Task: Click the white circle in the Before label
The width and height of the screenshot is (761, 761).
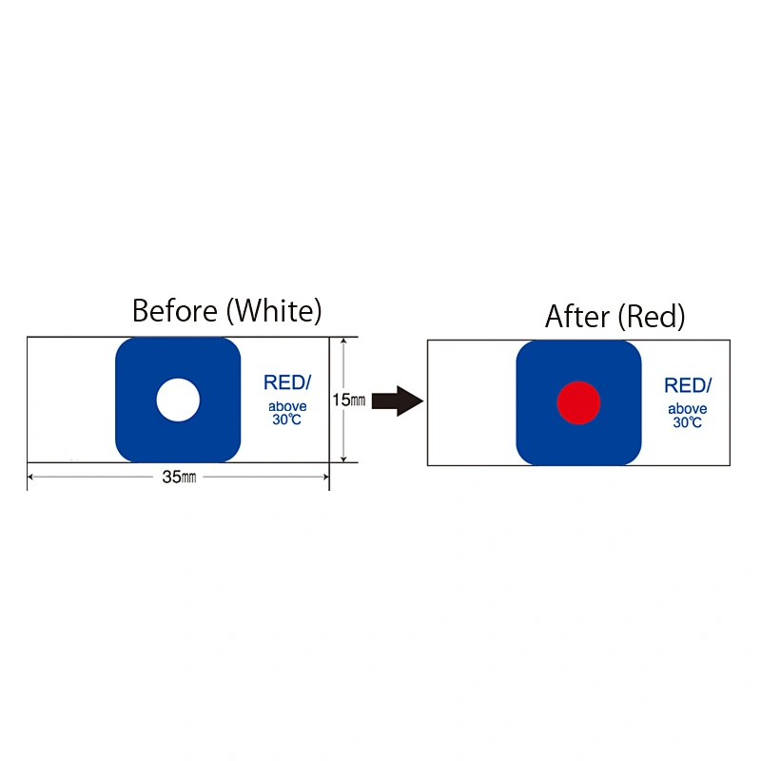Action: pos(178,400)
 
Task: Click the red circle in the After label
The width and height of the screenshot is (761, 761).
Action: pos(578,402)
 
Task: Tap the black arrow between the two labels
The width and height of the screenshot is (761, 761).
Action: pos(398,400)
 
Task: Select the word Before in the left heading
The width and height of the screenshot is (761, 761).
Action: pos(175,311)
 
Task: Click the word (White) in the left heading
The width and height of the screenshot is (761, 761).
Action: pos(274,311)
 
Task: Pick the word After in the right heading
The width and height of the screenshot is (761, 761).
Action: pos(577,317)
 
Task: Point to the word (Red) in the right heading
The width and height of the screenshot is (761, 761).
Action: pos(652,317)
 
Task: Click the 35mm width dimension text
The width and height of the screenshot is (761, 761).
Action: pos(179,478)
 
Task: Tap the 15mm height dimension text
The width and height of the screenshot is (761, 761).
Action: pos(348,400)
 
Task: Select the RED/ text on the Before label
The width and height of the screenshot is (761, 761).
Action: pos(287,382)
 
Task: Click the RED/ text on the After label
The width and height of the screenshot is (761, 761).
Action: pos(688,385)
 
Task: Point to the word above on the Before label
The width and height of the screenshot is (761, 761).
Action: pos(287,406)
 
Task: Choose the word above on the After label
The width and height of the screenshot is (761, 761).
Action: pos(687,409)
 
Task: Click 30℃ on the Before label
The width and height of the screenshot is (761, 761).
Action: pos(287,420)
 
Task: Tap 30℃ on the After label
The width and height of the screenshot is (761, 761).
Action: pos(687,422)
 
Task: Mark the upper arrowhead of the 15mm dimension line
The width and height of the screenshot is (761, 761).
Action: pos(343,341)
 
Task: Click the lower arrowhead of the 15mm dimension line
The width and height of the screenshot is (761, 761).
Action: pos(343,459)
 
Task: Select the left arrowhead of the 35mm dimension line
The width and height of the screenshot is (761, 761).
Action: pos(30,478)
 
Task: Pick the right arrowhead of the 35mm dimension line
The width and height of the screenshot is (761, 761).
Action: pos(326,478)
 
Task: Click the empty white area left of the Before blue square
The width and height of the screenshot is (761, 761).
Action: pos(71,400)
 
